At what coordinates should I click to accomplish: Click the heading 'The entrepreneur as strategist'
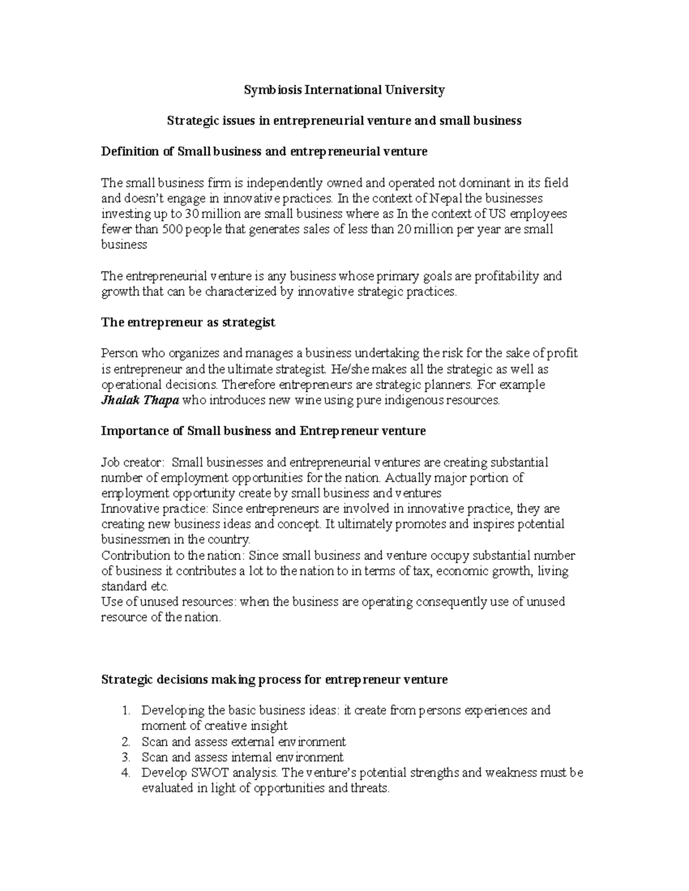click(188, 322)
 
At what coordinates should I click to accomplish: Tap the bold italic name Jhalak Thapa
click(140, 400)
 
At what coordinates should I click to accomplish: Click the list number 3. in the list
click(127, 757)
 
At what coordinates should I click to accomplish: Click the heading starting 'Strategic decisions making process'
click(274, 680)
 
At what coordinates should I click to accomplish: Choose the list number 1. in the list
click(127, 711)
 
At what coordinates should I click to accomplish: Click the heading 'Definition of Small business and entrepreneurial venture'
click(264, 152)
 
